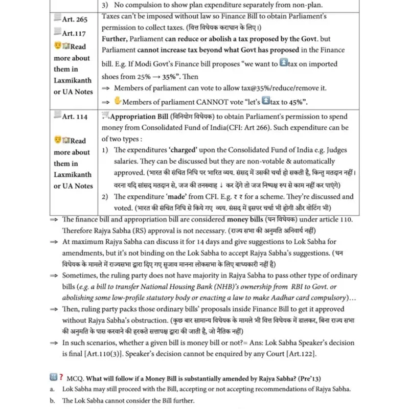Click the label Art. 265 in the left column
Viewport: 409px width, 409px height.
click(x=74, y=19)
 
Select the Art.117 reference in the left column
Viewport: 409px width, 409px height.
click(x=73, y=33)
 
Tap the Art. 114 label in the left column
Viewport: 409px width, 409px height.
click(x=74, y=117)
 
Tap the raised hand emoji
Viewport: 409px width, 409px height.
click(x=117, y=101)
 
